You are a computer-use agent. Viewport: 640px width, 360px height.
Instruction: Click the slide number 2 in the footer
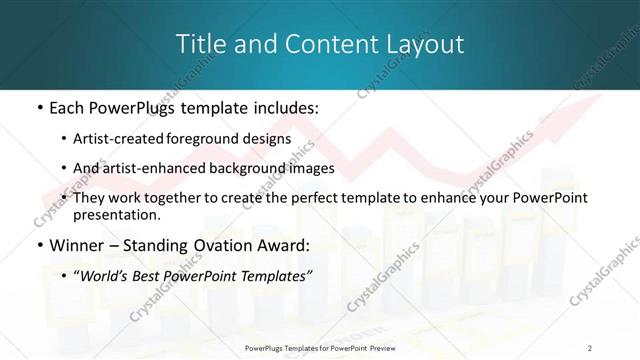click(x=590, y=347)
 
